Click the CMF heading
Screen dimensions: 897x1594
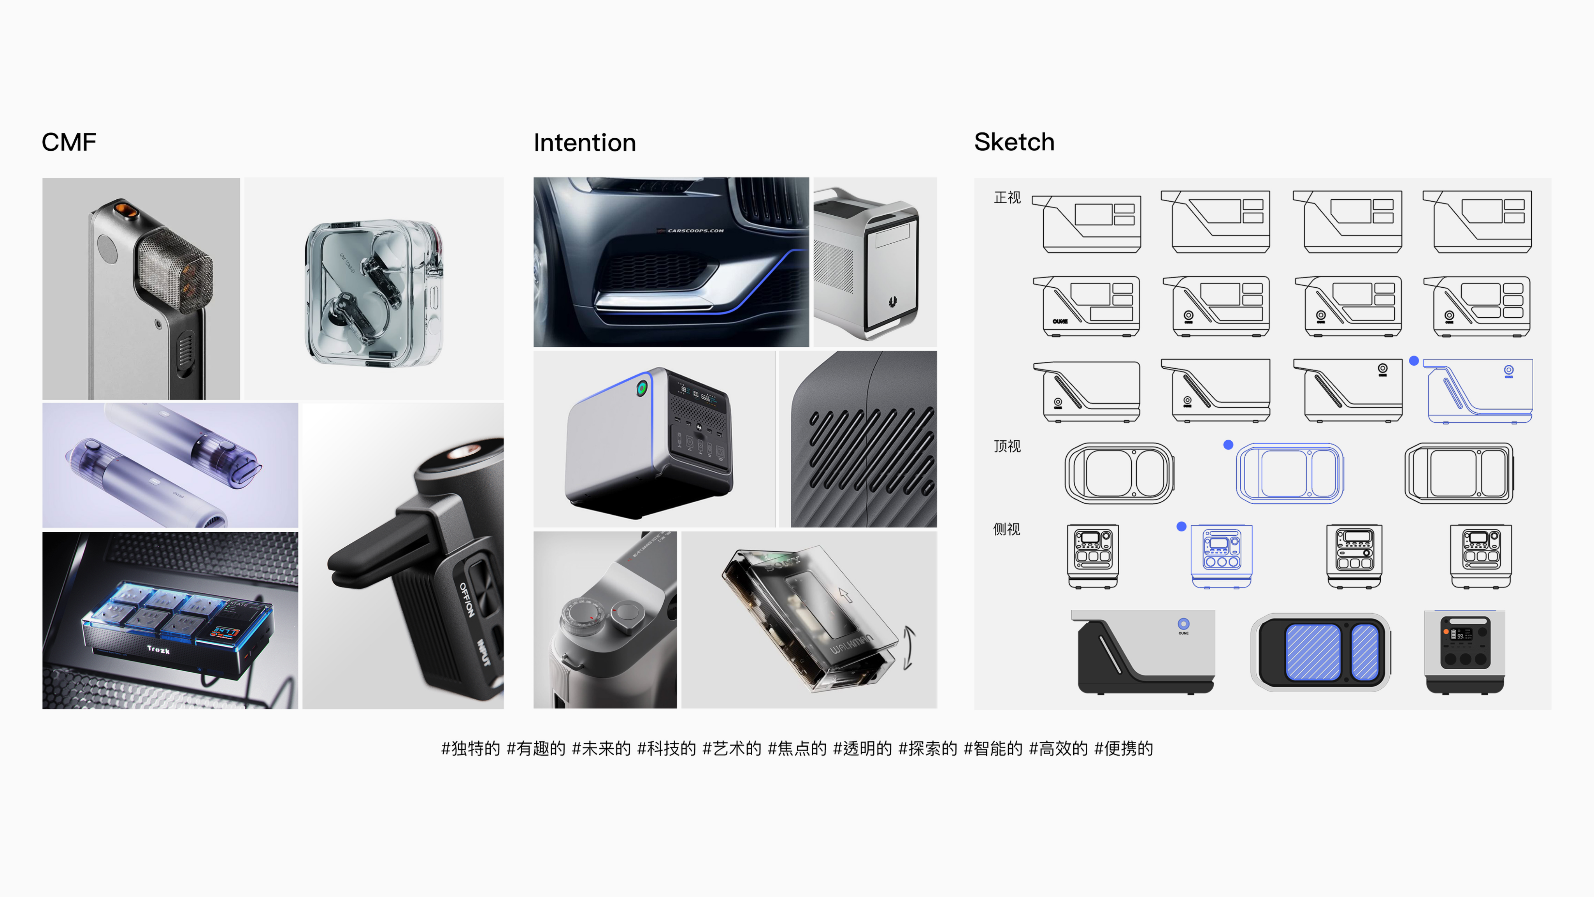[x=68, y=142]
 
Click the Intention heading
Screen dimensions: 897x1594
[x=584, y=143]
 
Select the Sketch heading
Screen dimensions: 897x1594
[x=1014, y=142]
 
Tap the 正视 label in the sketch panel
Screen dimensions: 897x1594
[x=1007, y=197]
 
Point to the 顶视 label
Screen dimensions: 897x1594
[x=1007, y=446]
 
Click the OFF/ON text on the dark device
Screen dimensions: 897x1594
[x=467, y=599]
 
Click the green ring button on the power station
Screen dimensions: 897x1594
[x=642, y=388]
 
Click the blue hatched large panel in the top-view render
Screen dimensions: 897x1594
[x=1313, y=652]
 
